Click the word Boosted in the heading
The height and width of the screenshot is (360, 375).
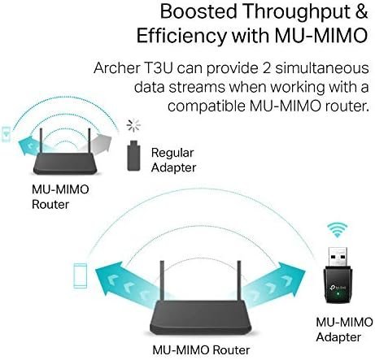(198, 11)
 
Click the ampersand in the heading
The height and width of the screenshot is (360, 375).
(360, 11)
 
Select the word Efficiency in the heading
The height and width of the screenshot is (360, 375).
(181, 36)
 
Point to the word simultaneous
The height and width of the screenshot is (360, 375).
(322, 67)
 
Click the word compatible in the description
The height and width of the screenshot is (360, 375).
(206, 106)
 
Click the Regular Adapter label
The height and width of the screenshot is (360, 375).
(173, 160)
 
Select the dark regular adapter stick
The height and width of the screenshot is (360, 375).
(133, 155)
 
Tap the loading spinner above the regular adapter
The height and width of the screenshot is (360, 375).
(133, 125)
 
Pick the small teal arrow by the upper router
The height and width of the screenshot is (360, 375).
(30, 146)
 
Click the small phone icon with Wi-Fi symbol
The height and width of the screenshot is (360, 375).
(6, 133)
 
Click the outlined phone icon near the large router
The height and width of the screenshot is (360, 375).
(81, 275)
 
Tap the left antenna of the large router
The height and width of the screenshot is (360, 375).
(162, 281)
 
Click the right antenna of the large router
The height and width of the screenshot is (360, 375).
(239, 281)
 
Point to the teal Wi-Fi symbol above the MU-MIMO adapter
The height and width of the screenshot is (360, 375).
(337, 230)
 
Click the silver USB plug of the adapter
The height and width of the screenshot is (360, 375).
(338, 257)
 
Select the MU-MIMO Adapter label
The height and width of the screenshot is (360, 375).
(344, 330)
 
